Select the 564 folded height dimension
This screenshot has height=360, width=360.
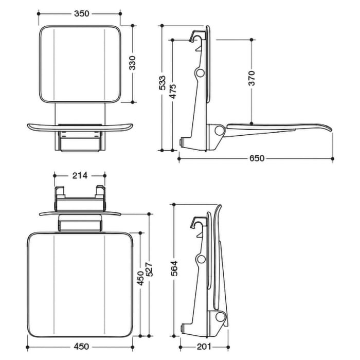coord(174,269)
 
